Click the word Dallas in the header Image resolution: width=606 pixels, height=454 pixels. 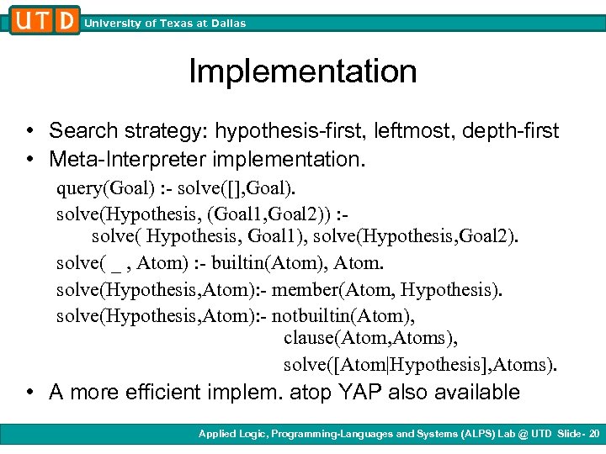pyautogui.click(x=227, y=24)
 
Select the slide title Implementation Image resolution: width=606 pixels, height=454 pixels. pyautogui.click(x=302, y=71)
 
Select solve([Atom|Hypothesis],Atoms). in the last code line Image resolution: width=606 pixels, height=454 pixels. pyautogui.click(x=420, y=366)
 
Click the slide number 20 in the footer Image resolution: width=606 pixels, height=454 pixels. pyautogui.click(x=595, y=434)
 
